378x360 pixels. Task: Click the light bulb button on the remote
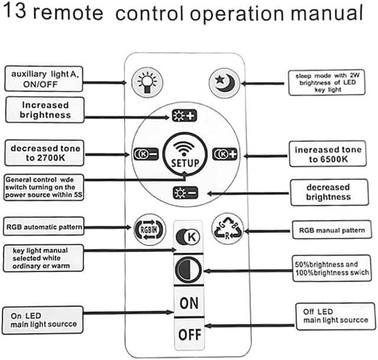point(147,83)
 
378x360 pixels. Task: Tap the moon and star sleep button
point(224,83)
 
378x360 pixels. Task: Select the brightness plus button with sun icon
point(184,116)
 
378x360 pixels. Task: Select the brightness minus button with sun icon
point(185,193)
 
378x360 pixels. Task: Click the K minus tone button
point(146,153)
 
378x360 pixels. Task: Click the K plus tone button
point(224,154)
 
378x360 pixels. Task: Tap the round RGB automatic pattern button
point(149,230)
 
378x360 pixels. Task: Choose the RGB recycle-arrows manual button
point(227,228)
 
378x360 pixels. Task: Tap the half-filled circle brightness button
point(188,269)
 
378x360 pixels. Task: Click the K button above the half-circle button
point(188,237)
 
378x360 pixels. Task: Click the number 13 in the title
point(14,11)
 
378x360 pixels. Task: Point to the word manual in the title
point(327,13)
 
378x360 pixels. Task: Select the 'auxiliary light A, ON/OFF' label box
point(44,79)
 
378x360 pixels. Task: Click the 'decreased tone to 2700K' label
point(44,153)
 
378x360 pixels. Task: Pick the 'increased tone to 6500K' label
point(328,154)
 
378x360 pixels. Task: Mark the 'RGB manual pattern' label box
point(332,230)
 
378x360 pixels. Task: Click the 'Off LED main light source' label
point(336,316)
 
